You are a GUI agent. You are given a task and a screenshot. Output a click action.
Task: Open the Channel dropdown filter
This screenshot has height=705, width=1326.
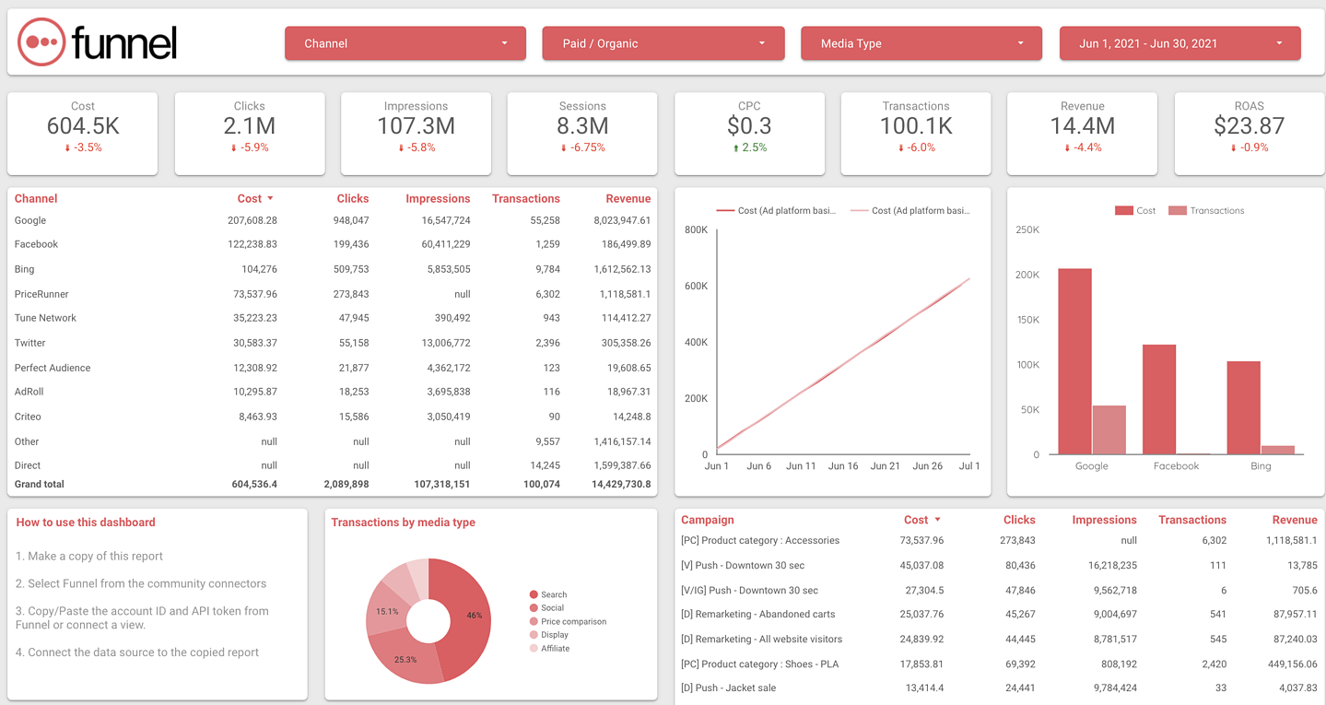tap(405, 43)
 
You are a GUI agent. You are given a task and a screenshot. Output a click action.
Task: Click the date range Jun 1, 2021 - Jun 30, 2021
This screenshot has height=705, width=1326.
tap(1179, 43)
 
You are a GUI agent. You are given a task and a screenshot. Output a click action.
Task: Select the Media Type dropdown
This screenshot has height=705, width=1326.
tap(921, 43)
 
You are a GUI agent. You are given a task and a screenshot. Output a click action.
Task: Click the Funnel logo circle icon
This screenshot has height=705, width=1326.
tap(41, 42)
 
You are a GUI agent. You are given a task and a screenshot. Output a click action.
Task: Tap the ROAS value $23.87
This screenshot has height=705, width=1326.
tap(1249, 125)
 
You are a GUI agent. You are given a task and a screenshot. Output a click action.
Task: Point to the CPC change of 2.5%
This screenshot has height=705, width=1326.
tap(749, 147)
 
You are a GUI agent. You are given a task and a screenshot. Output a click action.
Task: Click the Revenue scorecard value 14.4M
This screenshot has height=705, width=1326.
tap(1082, 125)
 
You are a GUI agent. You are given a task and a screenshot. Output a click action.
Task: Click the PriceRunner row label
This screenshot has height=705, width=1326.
tap(41, 294)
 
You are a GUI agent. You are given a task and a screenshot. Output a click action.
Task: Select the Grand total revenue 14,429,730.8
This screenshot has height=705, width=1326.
tap(616, 484)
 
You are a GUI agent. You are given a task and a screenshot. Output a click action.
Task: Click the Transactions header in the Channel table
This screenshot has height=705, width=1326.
tap(525, 198)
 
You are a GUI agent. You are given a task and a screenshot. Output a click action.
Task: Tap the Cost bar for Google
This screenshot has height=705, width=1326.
tap(1074, 359)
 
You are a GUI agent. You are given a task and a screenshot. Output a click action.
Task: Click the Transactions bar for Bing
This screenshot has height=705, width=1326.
tap(1277, 450)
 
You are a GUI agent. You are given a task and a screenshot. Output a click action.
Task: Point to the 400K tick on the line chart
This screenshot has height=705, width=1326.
tap(696, 342)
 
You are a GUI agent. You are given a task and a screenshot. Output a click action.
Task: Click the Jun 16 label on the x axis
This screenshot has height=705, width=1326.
tap(842, 466)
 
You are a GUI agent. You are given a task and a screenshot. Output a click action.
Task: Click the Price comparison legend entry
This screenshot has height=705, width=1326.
tap(572, 621)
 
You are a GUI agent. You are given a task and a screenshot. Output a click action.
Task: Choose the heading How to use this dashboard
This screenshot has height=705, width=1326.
tap(86, 523)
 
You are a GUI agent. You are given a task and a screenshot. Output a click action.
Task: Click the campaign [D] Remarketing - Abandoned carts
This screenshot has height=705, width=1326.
tap(760, 614)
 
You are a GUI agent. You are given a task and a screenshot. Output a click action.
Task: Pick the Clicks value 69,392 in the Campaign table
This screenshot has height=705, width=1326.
tap(1016, 664)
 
